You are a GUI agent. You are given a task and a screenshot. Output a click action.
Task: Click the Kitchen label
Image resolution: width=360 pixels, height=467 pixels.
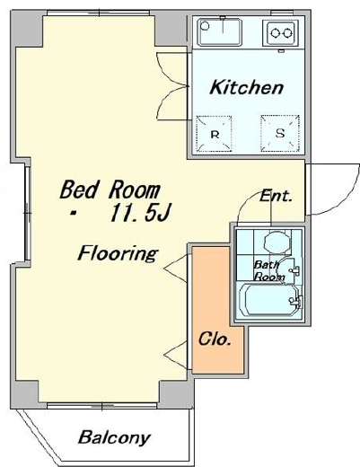tap(246, 87)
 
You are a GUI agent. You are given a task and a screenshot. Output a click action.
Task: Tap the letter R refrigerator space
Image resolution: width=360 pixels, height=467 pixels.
tap(214, 134)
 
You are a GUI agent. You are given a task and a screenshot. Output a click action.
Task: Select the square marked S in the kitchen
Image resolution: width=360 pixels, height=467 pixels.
tap(280, 133)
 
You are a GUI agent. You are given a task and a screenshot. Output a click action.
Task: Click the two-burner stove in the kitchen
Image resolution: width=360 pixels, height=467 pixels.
tap(281, 32)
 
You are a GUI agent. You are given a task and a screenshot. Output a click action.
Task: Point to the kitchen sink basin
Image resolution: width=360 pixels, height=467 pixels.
tap(220, 32)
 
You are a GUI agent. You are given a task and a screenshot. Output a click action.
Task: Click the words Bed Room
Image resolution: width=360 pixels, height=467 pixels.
tap(110, 189)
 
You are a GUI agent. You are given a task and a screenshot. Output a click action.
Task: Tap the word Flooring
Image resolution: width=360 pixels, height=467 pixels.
tap(118, 253)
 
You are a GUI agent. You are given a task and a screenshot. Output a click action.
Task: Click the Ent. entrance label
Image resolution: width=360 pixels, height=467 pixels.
tap(276, 196)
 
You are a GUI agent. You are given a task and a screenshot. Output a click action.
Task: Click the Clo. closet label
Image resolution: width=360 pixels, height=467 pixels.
tap(215, 339)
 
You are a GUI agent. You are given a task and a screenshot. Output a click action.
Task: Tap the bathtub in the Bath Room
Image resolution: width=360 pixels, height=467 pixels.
tap(269, 300)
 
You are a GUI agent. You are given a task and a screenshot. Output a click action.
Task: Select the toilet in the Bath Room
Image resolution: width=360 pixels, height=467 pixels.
tap(277, 242)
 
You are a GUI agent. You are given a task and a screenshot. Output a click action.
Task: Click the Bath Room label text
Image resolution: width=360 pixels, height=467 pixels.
tap(268, 271)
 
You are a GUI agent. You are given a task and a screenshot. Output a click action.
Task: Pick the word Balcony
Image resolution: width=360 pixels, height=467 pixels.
tap(114, 437)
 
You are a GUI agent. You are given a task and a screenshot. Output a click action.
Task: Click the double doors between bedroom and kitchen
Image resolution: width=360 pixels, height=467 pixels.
tap(172, 86)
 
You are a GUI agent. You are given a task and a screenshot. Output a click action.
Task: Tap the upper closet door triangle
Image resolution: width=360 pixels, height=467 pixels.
tap(176, 269)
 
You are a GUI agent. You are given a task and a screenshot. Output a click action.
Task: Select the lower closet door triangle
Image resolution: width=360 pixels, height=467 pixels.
tap(177, 355)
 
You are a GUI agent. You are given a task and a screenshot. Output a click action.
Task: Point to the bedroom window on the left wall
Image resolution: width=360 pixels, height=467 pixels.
tap(28, 213)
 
